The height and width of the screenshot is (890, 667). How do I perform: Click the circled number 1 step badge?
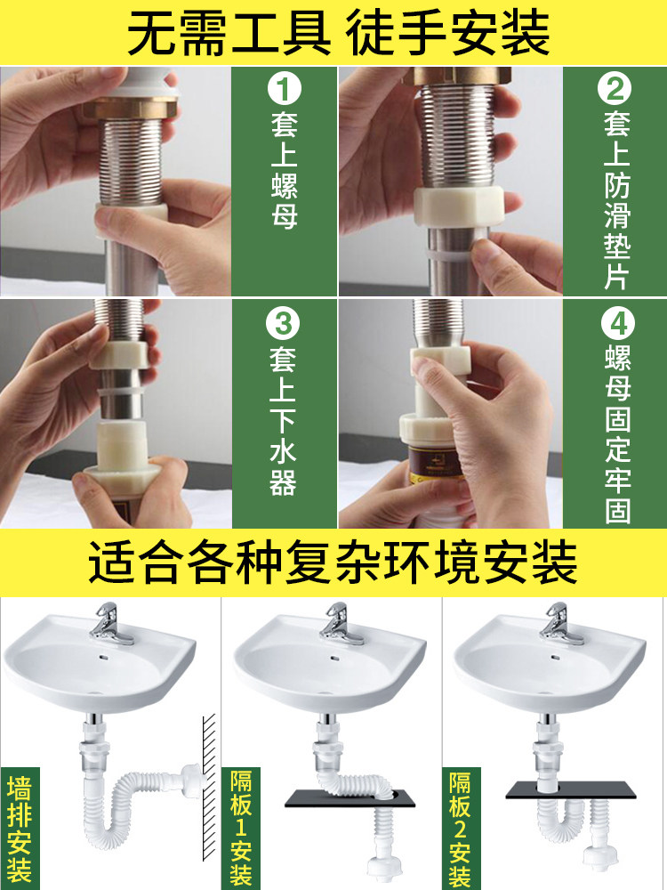coord(284,90)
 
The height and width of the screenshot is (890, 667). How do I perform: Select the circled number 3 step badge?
coord(283,324)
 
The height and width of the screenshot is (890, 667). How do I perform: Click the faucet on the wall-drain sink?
coord(110,625)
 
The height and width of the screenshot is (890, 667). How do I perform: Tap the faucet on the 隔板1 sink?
coord(342,625)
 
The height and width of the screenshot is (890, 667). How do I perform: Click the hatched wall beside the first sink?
coord(209,787)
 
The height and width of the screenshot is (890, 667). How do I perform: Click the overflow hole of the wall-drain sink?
coord(103,658)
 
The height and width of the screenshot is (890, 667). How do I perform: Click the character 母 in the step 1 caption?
coord(284,215)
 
